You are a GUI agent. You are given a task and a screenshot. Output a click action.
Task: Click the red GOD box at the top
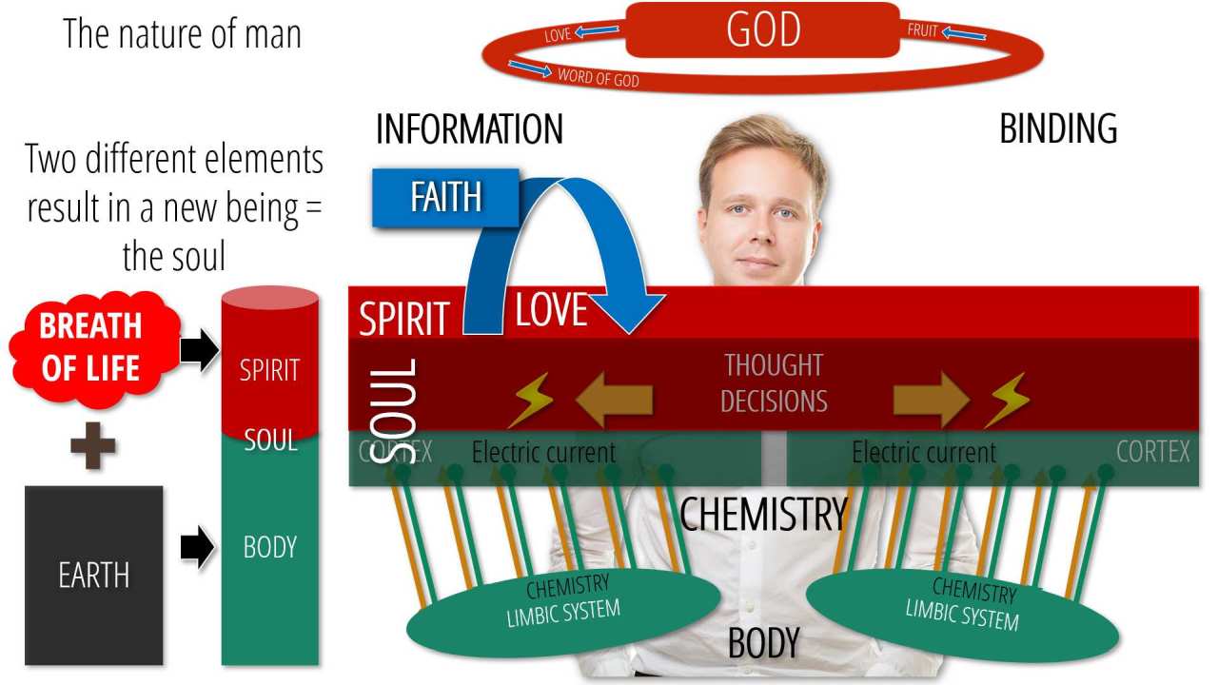pyautogui.click(x=762, y=30)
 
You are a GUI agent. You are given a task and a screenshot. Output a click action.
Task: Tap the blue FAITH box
pyautogui.click(x=445, y=197)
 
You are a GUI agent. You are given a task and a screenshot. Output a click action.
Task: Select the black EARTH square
pyautogui.click(x=93, y=575)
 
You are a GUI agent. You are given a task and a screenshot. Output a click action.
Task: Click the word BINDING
pyautogui.click(x=1058, y=129)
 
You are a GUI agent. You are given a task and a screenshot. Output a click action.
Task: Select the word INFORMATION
pyautogui.click(x=469, y=129)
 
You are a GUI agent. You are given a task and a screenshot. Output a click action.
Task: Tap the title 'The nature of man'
pyautogui.click(x=182, y=34)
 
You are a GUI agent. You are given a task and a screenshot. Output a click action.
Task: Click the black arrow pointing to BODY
pyautogui.click(x=197, y=549)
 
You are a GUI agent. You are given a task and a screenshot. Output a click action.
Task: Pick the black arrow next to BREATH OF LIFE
pyautogui.click(x=199, y=351)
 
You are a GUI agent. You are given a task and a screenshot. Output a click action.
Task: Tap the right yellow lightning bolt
pyautogui.click(x=1006, y=401)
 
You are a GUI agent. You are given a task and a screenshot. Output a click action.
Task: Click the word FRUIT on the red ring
pyautogui.click(x=923, y=30)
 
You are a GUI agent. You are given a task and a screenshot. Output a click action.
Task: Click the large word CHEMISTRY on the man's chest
pyautogui.click(x=763, y=515)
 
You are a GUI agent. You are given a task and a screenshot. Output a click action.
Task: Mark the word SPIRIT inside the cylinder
pyautogui.click(x=269, y=370)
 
